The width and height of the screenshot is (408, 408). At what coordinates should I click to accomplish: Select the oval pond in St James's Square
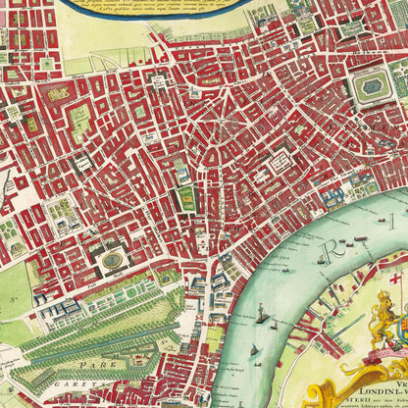point(114,260)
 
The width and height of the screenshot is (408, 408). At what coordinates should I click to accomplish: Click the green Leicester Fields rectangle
point(186,201)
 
